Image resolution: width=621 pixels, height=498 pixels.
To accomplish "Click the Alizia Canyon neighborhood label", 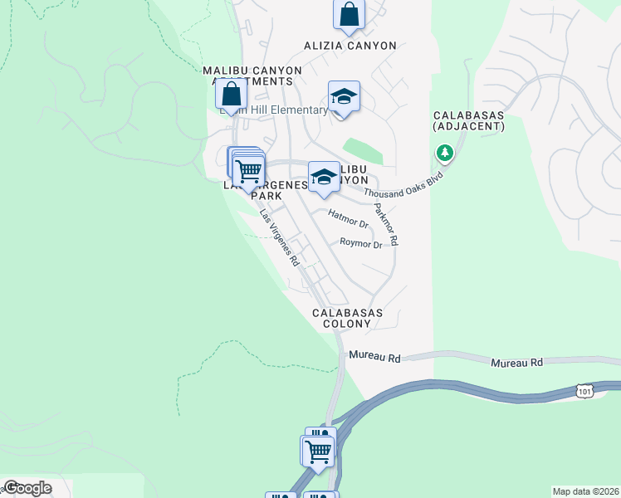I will [x=349, y=46].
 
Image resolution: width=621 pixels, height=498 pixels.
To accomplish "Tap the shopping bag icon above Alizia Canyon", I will [x=349, y=14].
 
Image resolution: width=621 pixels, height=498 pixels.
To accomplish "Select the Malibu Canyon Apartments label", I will [x=247, y=76].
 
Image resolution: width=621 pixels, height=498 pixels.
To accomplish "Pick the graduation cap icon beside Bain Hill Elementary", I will [x=344, y=98].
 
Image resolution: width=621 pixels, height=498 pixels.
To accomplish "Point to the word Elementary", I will [x=298, y=110].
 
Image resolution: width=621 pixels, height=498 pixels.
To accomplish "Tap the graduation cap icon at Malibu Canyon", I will [x=324, y=177].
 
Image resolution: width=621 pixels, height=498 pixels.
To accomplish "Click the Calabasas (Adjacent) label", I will [x=468, y=120].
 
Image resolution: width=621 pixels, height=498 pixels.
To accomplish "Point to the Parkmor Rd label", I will [x=387, y=224].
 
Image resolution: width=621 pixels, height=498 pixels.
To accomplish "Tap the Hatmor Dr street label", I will [x=348, y=219].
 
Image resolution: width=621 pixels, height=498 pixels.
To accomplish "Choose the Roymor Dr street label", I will [x=361, y=244].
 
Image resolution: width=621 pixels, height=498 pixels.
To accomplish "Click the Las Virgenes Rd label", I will [x=279, y=237].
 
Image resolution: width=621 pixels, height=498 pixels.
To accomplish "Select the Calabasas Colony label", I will [x=347, y=318].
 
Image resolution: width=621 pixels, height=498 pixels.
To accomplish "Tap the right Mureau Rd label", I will [x=516, y=363].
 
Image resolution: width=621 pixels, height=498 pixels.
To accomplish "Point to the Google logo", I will [x=28, y=488].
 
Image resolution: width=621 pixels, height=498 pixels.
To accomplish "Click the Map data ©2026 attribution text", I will [x=584, y=491].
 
